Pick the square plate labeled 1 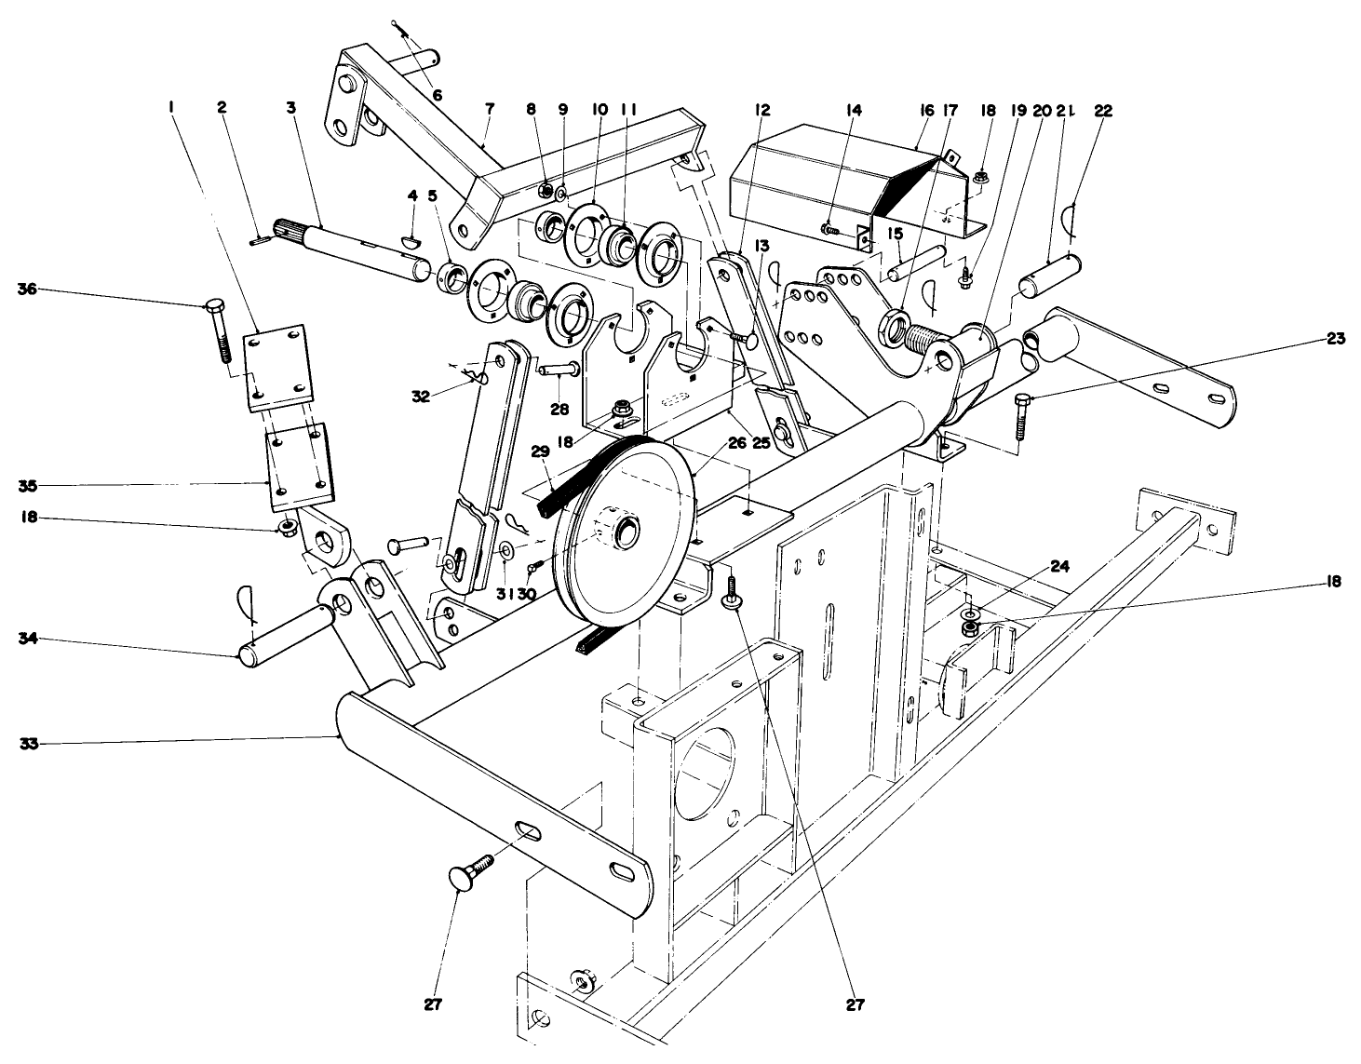[x=276, y=367]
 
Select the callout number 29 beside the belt [x=539, y=450]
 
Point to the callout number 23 [x=1335, y=339]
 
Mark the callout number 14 [x=854, y=110]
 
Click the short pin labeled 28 [x=559, y=370]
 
